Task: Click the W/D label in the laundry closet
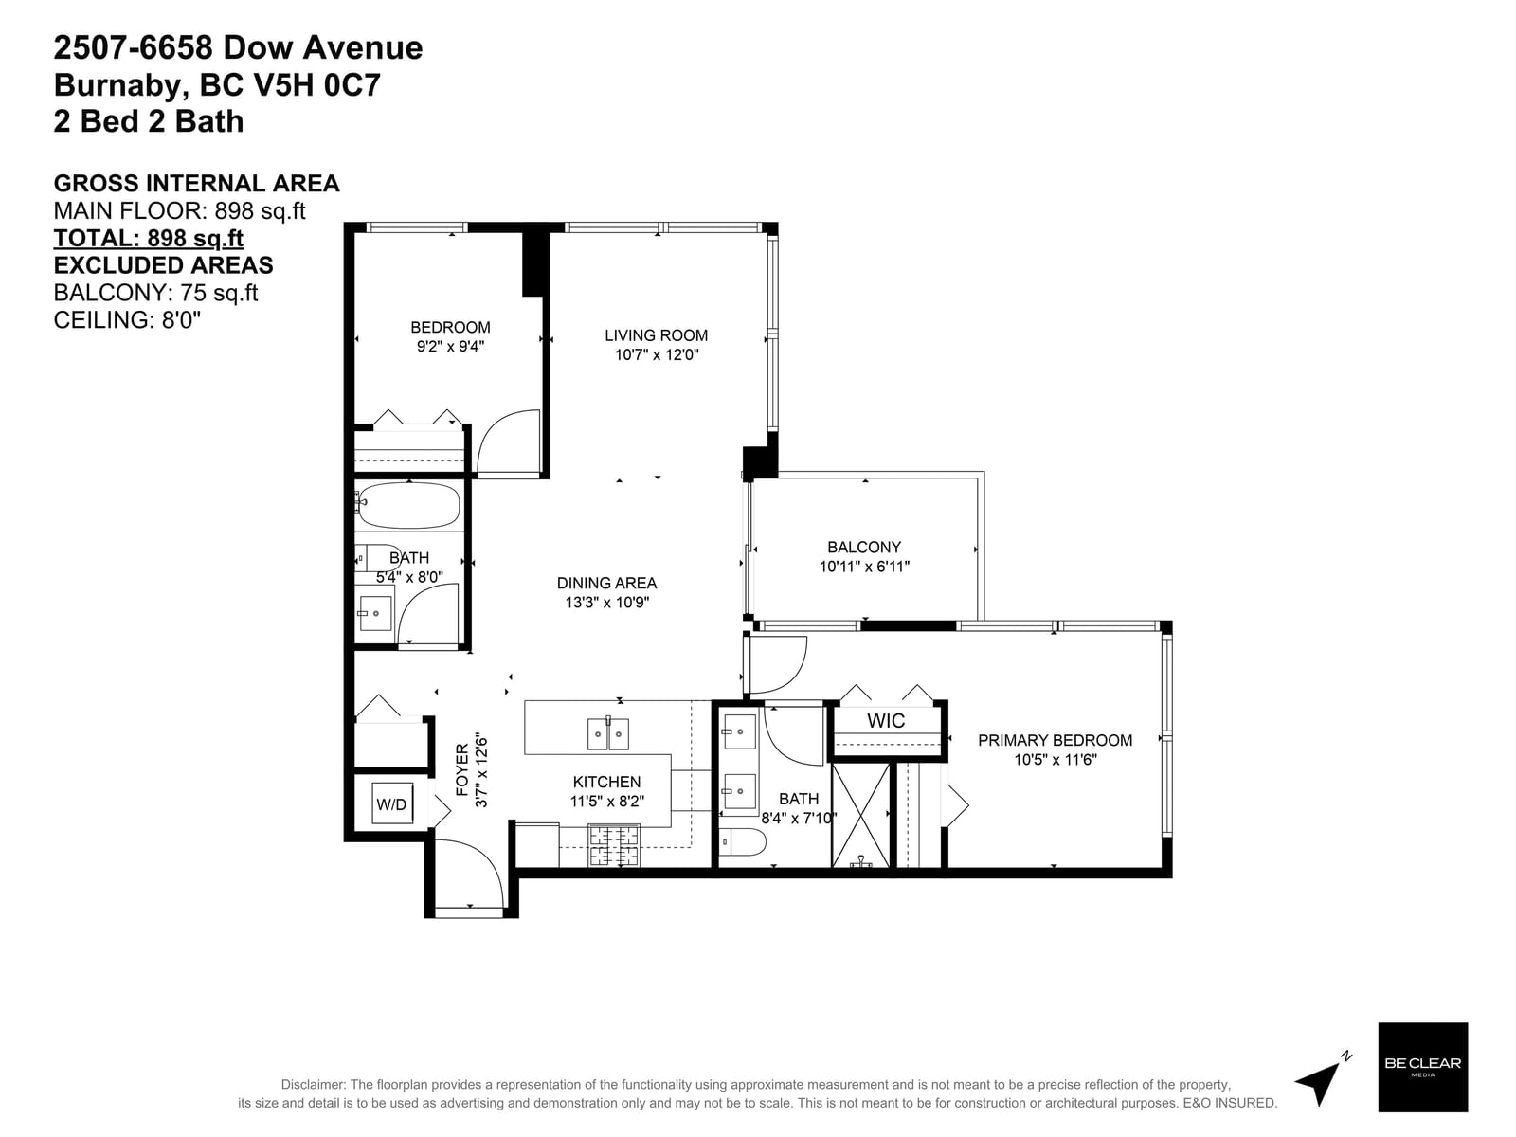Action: tap(391, 803)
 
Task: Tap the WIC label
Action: tap(885, 721)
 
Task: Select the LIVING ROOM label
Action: tap(656, 335)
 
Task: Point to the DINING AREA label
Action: tap(606, 583)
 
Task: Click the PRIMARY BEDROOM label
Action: tap(1055, 740)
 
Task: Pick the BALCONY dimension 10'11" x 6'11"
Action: tap(864, 567)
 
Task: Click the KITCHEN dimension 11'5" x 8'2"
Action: tap(606, 802)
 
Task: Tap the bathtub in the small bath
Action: tap(408, 505)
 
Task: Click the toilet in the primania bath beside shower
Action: tap(743, 841)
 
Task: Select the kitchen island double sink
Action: tap(607, 733)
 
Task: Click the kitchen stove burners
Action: tap(613, 846)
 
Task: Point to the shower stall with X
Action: tap(860, 815)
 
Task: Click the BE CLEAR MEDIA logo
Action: tap(1423, 1067)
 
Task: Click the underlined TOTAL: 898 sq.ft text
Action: tap(149, 238)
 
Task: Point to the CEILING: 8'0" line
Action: tap(127, 320)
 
